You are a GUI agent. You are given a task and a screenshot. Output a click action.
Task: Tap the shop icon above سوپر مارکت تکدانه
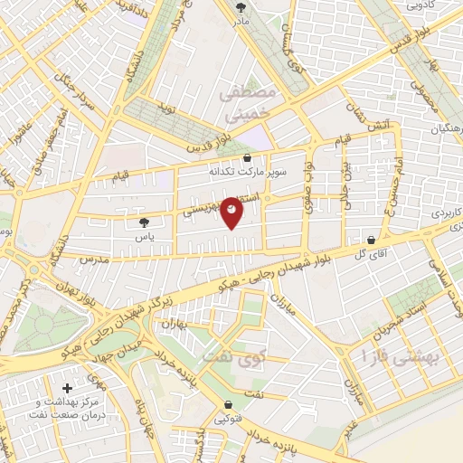(x=247, y=157)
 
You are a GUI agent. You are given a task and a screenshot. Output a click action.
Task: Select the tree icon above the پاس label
(x=144, y=222)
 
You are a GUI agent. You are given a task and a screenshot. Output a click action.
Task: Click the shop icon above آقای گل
(x=372, y=241)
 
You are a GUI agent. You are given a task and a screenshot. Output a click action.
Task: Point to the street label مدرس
(x=93, y=259)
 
